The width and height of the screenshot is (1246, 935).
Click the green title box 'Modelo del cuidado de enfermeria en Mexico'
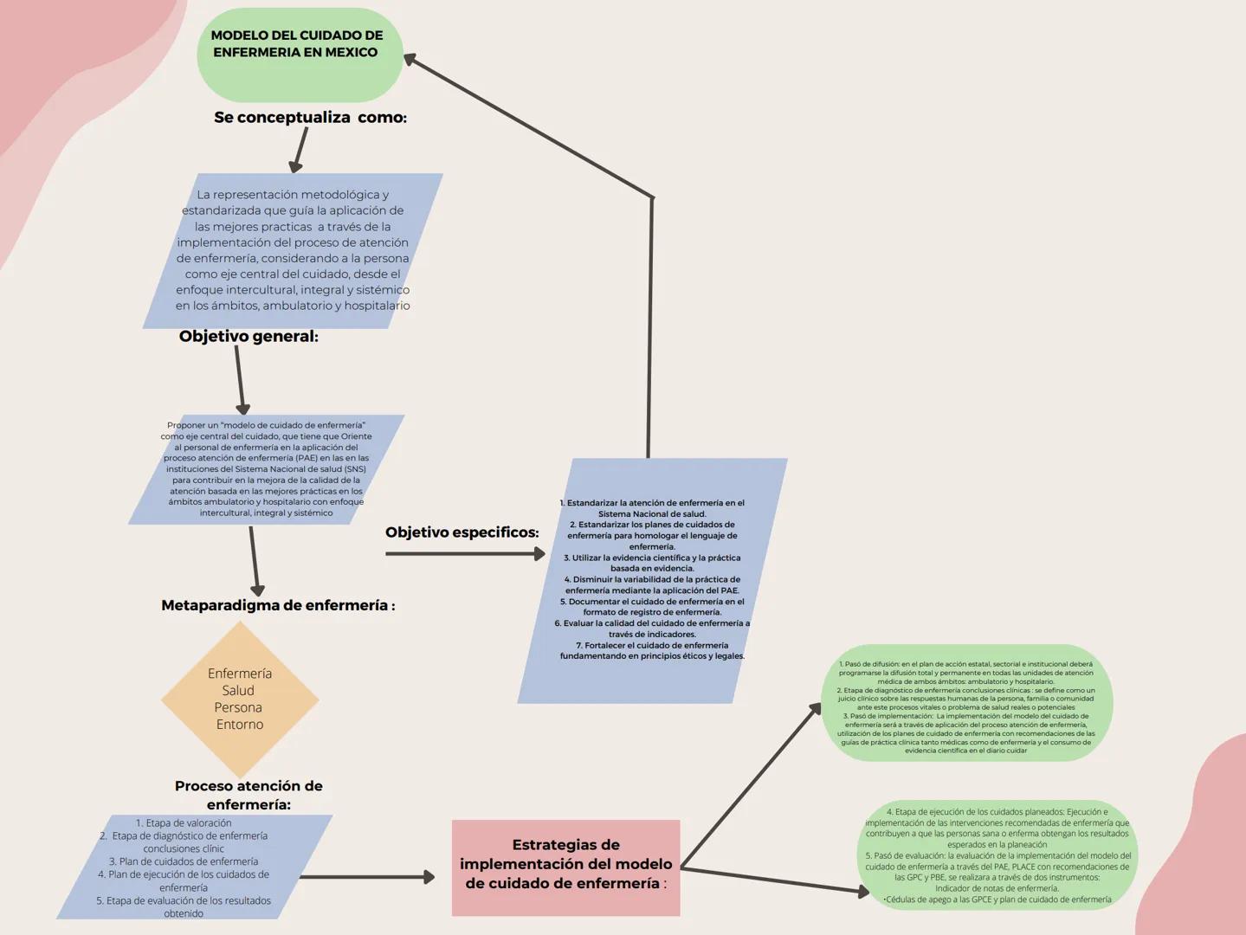pyautogui.click(x=299, y=54)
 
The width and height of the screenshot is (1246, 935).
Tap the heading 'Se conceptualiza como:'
pyautogui.click(x=310, y=117)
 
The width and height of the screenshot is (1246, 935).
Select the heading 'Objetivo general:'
pyautogui.click(x=249, y=336)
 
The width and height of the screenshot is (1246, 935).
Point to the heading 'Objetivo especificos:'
pyautogui.click(x=462, y=532)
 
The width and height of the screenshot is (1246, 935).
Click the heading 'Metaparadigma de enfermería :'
pyautogui.click(x=277, y=605)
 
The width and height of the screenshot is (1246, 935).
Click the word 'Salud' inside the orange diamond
pyautogui.click(x=238, y=690)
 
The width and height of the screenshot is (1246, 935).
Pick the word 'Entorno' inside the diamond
pyautogui.click(x=240, y=725)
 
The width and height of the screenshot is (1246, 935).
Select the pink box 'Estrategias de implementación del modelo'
pyautogui.click(x=565, y=867)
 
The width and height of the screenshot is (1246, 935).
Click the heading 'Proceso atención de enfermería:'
pyautogui.click(x=249, y=795)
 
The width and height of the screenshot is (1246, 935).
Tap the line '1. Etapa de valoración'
pyautogui.click(x=184, y=823)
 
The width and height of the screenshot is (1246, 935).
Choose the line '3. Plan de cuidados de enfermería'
pyautogui.click(x=184, y=861)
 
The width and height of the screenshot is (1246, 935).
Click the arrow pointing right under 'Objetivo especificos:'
pyautogui.click(x=465, y=553)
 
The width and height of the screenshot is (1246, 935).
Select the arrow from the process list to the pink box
pyautogui.click(x=367, y=877)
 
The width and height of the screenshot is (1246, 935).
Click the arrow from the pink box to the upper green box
pyautogui.click(x=751, y=785)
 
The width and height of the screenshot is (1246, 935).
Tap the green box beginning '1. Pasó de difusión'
pyautogui.click(x=965, y=703)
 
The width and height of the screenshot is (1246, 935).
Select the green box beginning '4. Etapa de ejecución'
pyautogui.click(x=997, y=855)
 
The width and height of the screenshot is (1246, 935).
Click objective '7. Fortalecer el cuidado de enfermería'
pyautogui.click(x=652, y=650)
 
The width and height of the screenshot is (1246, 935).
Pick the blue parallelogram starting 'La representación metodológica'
pyautogui.click(x=293, y=250)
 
